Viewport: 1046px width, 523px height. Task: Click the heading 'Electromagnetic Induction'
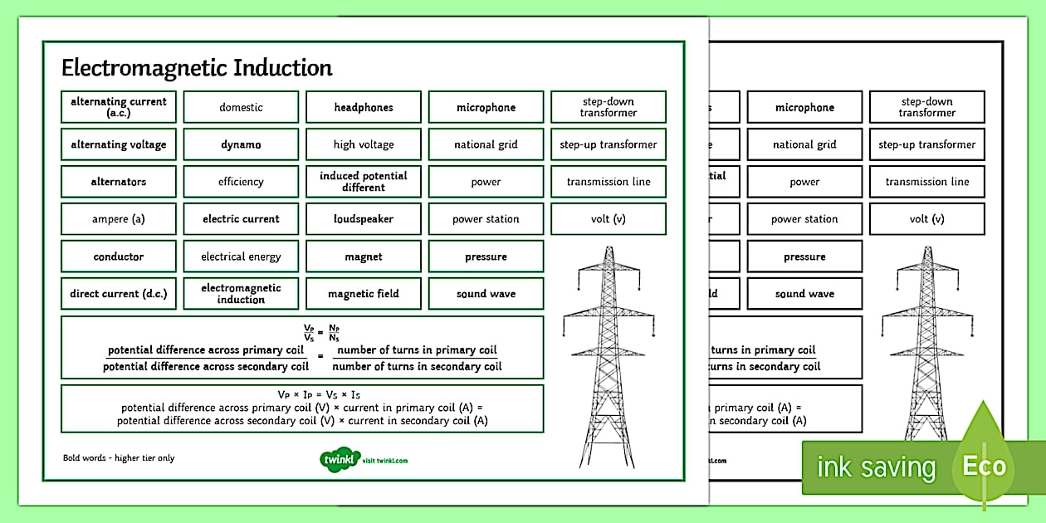pos(197,67)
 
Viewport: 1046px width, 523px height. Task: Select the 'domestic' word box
pos(241,107)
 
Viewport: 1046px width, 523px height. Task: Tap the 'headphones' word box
pos(364,107)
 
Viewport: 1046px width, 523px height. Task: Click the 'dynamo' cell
pos(241,144)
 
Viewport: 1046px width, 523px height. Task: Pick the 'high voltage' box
pos(364,144)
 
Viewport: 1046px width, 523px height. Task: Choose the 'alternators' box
pos(119,182)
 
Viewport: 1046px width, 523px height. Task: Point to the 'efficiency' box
pos(241,182)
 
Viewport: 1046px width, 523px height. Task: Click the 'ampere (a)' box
pos(119,219)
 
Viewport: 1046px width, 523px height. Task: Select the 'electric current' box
pos(241,219)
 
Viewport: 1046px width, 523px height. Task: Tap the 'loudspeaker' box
pos(364,219)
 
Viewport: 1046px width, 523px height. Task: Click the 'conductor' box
pos(119,257)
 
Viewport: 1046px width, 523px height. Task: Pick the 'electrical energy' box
pos(241,257)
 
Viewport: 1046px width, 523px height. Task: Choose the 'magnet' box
pos(364,257)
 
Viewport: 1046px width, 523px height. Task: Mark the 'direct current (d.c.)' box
pos(119,294)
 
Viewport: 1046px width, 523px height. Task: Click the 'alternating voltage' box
pos(119,144)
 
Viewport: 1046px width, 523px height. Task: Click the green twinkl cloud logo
pos(339,459)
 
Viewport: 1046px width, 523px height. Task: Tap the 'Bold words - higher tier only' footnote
pos(119,458)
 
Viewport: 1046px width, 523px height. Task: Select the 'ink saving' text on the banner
pos(876,467)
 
